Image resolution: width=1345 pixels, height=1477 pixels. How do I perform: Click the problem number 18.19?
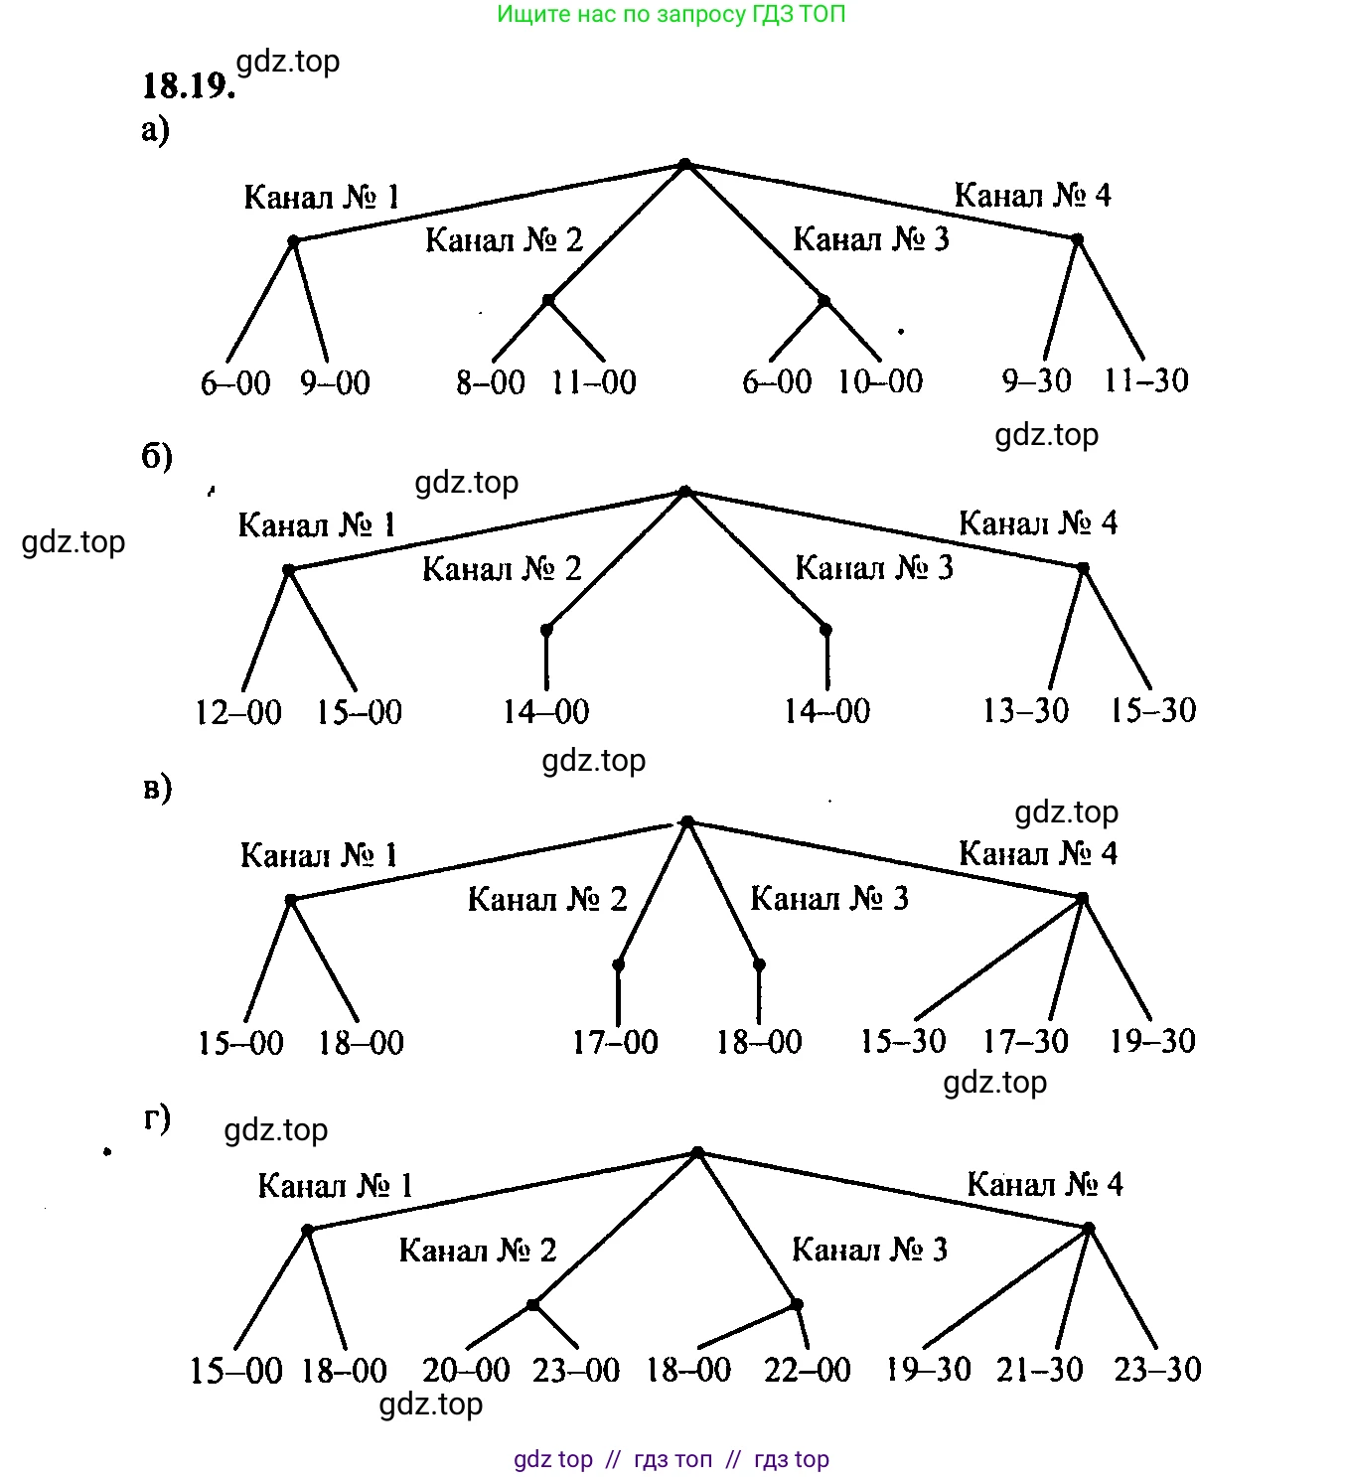tap(188, 86)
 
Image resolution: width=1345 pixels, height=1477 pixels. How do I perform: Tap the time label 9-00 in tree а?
tap(335, 382)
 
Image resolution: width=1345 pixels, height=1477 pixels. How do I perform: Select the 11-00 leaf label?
tap(593, 381)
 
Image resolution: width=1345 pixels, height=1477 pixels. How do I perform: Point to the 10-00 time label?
tap(879, 380)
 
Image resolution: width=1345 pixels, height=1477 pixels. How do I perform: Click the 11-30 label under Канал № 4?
tap(1145, 379)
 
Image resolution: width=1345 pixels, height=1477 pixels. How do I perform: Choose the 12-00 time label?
tap(238, 711)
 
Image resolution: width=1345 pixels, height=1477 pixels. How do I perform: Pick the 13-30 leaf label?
tap(1025, 710)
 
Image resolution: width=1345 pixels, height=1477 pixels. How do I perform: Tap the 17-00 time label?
tap(615, 1041)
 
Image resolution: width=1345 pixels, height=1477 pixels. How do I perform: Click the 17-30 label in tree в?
tap(1025, 1040)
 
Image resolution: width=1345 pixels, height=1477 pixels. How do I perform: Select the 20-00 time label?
tap(466, 1370)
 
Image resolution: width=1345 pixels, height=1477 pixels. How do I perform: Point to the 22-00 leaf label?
tap(807, 1370)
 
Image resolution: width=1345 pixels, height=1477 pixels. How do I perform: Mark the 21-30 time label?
tap(1039, 1369)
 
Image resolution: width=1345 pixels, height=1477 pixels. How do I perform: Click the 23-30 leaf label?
tap(1157, 1369)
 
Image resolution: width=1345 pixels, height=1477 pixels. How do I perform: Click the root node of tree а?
tap(684, 164)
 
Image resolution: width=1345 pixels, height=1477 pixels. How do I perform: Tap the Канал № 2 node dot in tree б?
tap(546, 630)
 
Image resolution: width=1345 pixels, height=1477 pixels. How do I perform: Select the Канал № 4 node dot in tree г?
tap(1088, 1229)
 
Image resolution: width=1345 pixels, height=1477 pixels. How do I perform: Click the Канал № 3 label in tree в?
tap(829, 898)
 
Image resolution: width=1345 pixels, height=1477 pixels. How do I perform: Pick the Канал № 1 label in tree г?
tap(335, 1185)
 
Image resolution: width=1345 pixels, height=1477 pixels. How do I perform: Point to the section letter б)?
tap(157, 456)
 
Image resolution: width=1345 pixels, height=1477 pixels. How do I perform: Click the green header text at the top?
tap(672, 14)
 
